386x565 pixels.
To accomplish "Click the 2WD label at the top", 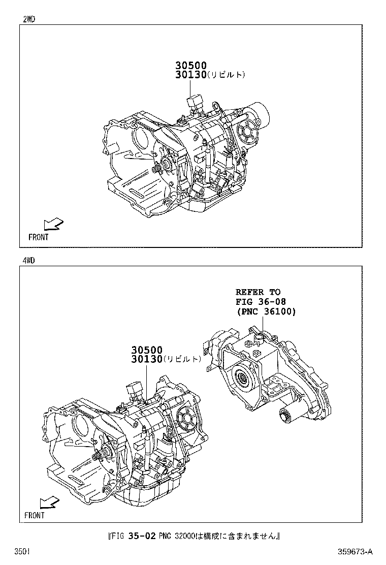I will [29, 20].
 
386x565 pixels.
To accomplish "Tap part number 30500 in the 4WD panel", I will [147, 350].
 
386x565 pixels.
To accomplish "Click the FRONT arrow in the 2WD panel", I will [52, 225].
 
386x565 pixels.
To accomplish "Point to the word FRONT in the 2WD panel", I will [39, 237].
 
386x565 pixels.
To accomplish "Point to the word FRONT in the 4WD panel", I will [35, 515].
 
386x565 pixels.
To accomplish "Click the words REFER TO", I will [258, 292].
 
